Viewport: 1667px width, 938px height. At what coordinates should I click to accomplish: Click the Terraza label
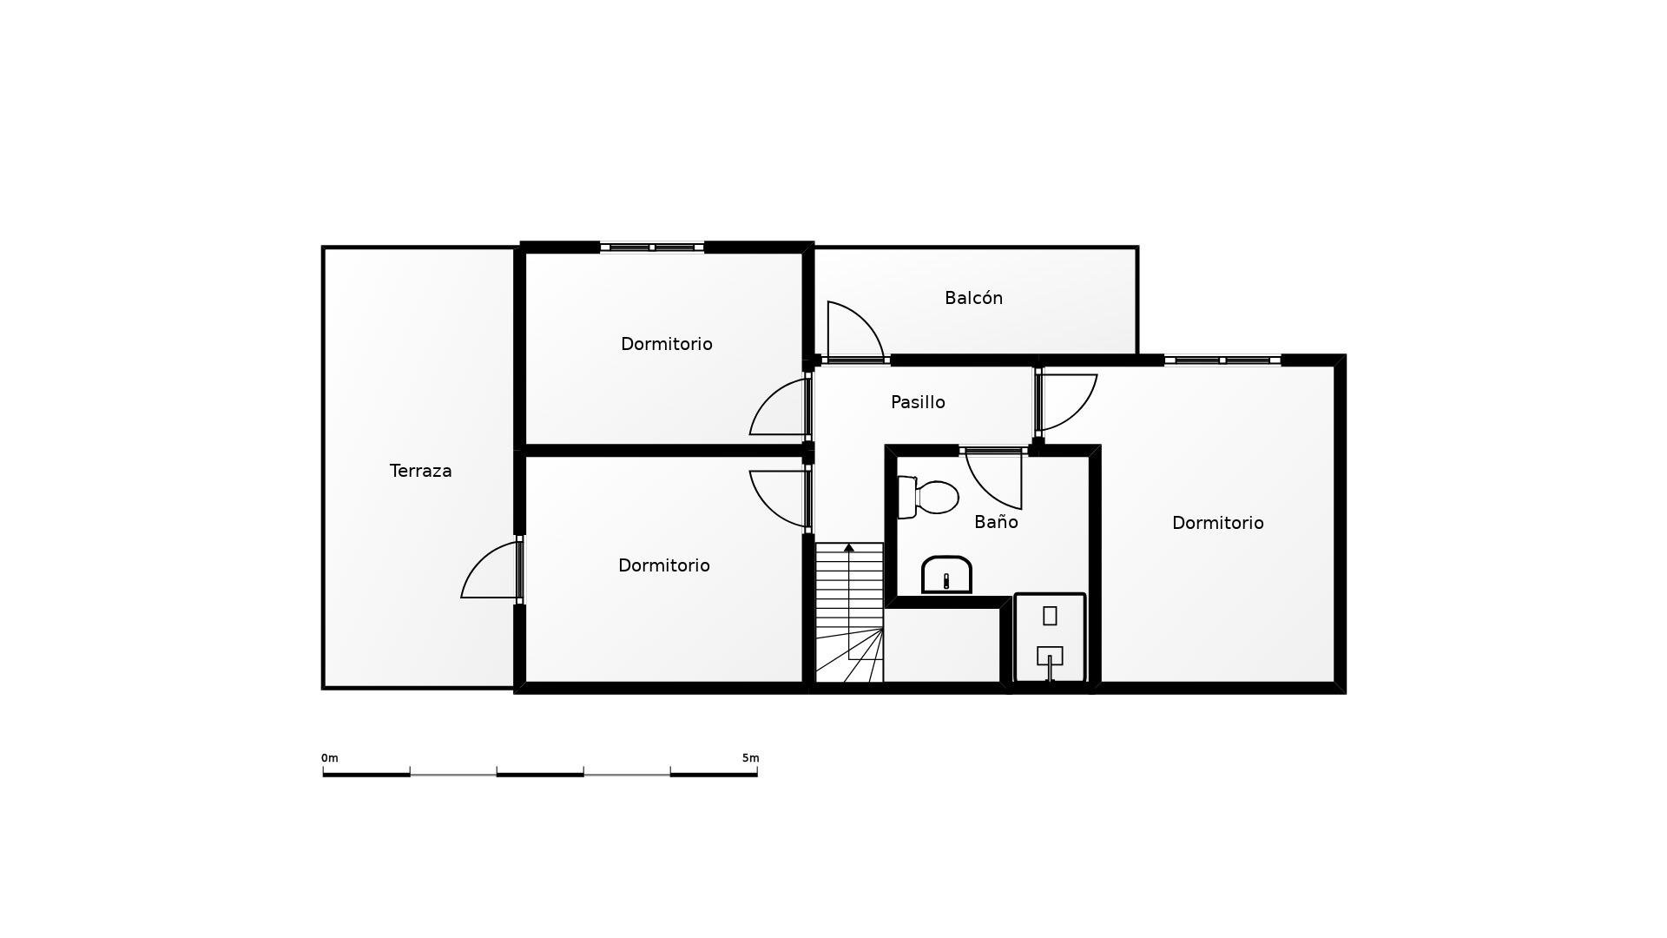420,471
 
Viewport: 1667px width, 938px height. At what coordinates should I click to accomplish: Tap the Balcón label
973,298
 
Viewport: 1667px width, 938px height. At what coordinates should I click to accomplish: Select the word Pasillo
918,402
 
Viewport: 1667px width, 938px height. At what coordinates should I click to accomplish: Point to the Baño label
996,522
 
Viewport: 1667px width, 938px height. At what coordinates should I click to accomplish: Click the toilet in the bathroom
928,497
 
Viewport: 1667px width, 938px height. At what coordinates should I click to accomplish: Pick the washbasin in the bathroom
946,575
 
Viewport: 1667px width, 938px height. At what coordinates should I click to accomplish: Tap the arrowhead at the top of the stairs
849,548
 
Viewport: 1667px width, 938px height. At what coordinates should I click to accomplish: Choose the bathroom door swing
994,479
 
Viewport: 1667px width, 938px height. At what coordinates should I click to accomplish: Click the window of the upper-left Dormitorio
652,248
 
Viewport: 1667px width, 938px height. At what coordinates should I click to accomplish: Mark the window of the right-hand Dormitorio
1222,360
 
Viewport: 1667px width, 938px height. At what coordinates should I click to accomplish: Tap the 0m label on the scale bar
330,758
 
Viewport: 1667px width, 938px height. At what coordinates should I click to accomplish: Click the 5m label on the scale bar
750,758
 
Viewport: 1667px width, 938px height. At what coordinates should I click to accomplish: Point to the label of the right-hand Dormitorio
1217,523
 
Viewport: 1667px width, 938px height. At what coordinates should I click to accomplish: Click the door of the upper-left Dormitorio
781,407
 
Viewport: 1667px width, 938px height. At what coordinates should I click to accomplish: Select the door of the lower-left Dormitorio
781,499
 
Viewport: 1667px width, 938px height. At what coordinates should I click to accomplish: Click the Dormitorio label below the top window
666,344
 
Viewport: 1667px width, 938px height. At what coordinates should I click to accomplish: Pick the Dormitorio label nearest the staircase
663,565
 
